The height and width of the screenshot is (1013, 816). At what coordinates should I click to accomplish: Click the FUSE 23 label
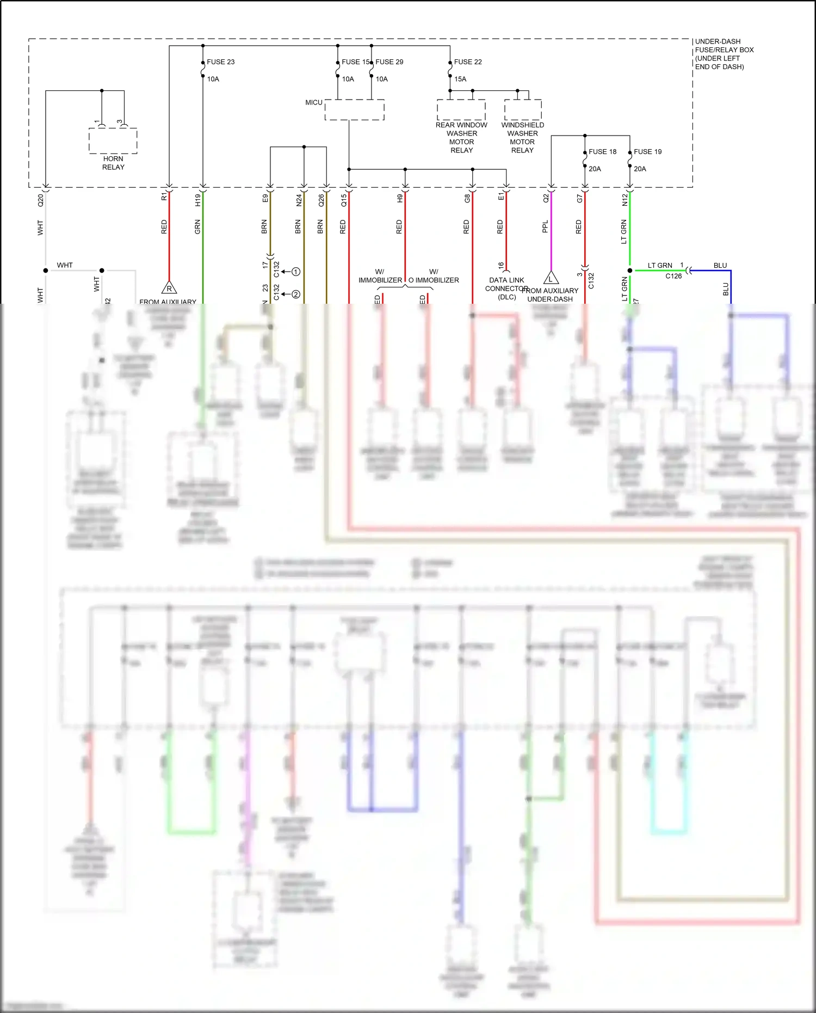[x=220, y=62]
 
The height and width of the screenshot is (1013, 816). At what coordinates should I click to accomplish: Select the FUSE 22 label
[x=468, y=62]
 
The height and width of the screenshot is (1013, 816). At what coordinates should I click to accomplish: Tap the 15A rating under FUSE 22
[x=460, y=79]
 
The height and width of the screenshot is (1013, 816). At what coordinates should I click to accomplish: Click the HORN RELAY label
[x=113, y=163]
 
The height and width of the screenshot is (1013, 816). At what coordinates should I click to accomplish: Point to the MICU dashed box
[x=355, y=110]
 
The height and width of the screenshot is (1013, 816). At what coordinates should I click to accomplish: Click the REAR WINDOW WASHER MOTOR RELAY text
[x=461, y=138]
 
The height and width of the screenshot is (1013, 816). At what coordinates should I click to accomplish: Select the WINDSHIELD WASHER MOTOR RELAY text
[x=522, y=138]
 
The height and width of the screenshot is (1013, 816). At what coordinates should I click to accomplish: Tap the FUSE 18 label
[x=602, y=152]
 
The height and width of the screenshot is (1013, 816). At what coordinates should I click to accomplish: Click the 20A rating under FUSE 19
[x=640, y=169]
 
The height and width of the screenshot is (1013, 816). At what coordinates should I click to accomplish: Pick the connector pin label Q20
[x=40, y=200]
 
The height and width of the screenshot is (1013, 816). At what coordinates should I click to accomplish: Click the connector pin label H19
[x=198, y=200]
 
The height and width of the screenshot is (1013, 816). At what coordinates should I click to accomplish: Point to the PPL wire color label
[x=545, y=226]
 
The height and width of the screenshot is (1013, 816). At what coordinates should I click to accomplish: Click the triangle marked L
[x=551, y=279]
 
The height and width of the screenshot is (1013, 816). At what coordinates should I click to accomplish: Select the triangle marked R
[x=169, y=288]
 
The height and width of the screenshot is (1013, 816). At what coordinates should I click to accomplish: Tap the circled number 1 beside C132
[x=296, y=272]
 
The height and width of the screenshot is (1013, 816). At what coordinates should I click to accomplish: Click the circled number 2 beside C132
[x=296, y=294]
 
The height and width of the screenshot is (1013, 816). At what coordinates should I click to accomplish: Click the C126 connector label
[x=673, y=276]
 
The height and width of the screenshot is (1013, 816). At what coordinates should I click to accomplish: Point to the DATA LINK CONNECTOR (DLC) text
[x=506, y=288]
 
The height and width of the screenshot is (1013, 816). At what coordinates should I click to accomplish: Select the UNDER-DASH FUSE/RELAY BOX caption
[x=724, y=54]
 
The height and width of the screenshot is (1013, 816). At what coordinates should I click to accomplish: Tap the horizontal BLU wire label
[x=720, y=266]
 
